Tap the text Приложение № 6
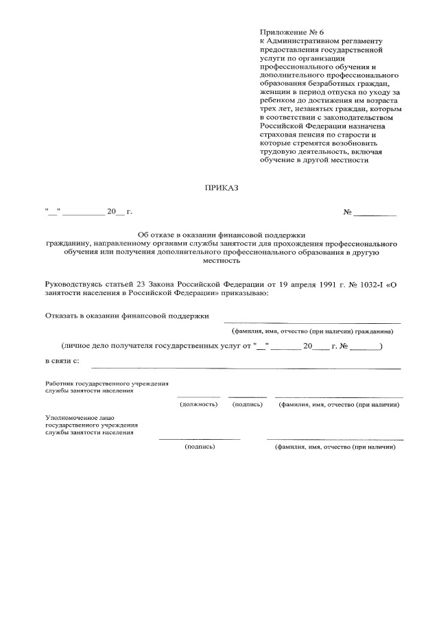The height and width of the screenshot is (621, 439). coord(287,32)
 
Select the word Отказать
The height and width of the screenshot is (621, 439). coord(62,316)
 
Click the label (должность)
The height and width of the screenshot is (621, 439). coord(198,404)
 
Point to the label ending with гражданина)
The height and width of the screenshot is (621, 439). coord(315,331)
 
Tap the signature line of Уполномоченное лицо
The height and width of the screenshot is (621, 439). coord(200,438)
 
